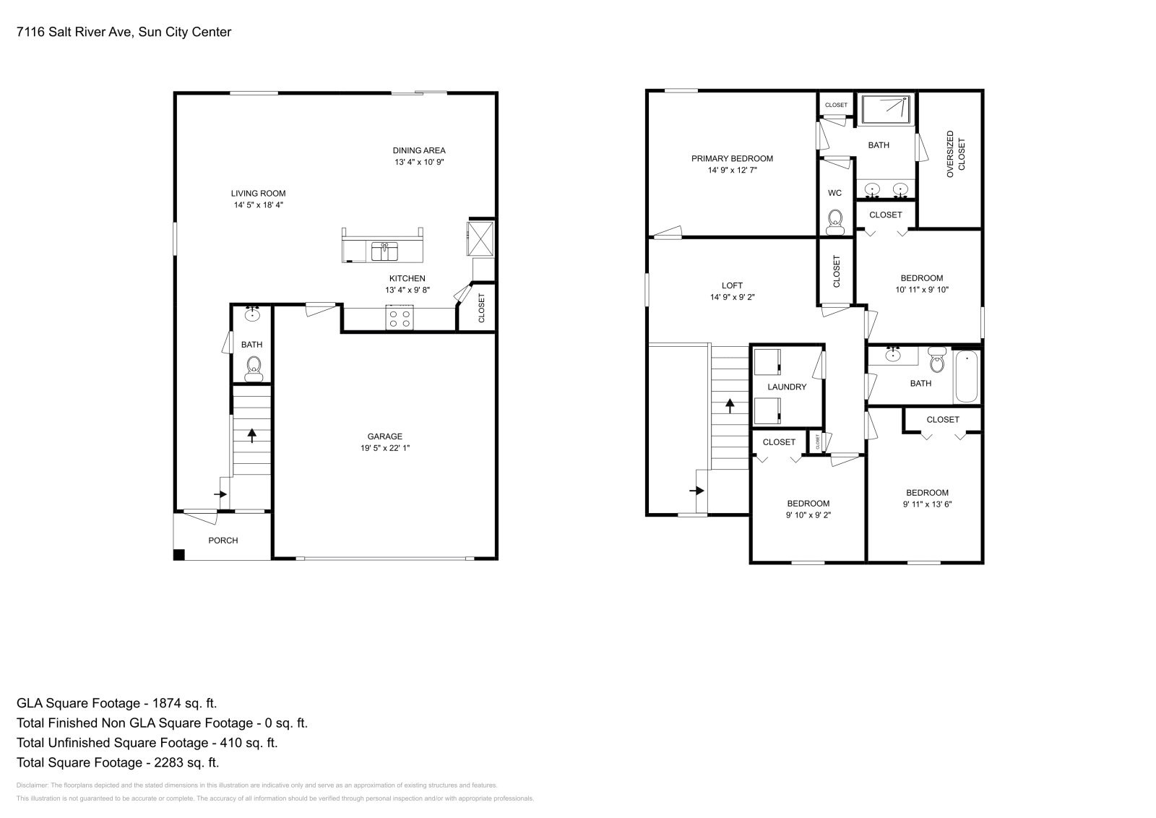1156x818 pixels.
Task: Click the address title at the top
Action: pyautogui.click(x=124, y=32)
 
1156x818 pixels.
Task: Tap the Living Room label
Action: pyautogui.click(x=258, y=193)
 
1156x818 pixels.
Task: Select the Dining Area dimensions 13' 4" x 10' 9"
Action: pyautogui.click(x=419, y=163)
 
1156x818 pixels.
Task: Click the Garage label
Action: pyautogui.click(x=384, y=436)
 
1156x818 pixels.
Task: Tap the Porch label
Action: pyautogui.click(x=223, y=541)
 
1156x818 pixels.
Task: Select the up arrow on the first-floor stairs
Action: pyautogui.click(x=251, y=435)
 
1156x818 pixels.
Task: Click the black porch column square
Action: pyautogui.click(x=178, y=555)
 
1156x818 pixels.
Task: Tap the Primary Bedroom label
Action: pyautogui.click(x=732, y=158)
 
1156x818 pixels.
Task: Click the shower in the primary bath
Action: pyautogui.click(x=887, y=109)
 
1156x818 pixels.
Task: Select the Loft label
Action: pyautogui.click(x=732, y=285)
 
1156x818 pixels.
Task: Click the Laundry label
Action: pyautogui.click(x=787, y=387)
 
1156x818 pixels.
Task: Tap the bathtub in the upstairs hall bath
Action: pyautogui.click(x=966, y=376)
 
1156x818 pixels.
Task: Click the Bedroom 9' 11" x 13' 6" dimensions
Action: pyautogui.click(x=927, y=504)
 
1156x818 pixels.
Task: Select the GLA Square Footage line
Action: pyautogui.click(x=116, y=703)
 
